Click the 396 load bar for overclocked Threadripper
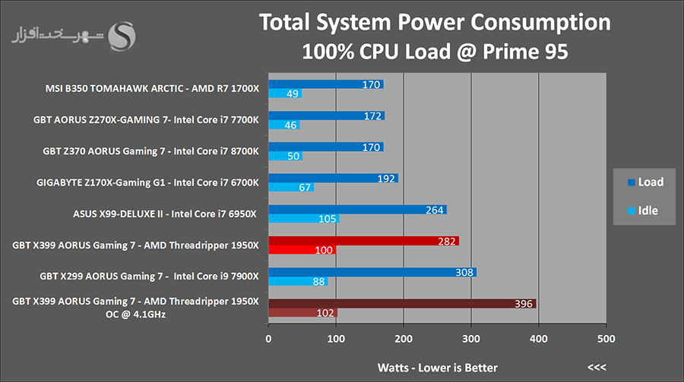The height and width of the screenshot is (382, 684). click(x=402, y=304)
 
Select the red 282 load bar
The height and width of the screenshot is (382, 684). click(x=363, y=242)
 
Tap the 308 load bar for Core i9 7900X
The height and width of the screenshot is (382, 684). click(x=372, y=272)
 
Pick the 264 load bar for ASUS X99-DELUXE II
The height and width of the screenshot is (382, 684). click(x=357, y=210)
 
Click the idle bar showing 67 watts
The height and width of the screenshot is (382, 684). click(x=291, y=188)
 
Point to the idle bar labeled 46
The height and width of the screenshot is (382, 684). click(x=283, y=125)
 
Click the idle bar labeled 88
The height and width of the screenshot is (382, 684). click(x=298, y=282)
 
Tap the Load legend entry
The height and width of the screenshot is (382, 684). click(x=645, y=182)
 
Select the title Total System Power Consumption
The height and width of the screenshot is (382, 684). click(x=435, y=22)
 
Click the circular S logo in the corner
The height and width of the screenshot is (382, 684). click(x=123, y=35)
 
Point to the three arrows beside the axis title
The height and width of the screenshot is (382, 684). click(x=597, y=368)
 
